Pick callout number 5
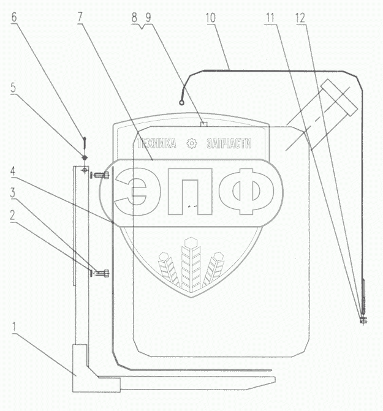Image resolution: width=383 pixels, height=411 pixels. tap(13, 87)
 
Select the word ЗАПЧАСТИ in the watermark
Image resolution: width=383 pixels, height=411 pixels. tap(230, 144)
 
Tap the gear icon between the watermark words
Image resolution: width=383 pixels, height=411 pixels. tap(191, 144)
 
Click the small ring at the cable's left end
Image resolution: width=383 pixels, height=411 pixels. tap(182, 104)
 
